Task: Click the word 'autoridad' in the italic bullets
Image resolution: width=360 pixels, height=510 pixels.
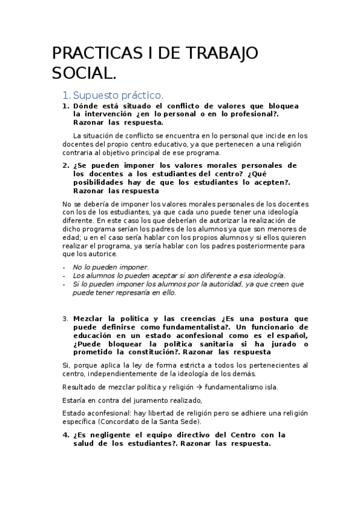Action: tap(208, 284)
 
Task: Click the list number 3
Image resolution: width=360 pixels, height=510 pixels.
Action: tap(65, 318)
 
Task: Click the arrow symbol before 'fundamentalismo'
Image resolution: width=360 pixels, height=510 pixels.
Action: tap(203, 387)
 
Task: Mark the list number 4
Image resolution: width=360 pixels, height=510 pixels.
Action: tap(65, 435)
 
